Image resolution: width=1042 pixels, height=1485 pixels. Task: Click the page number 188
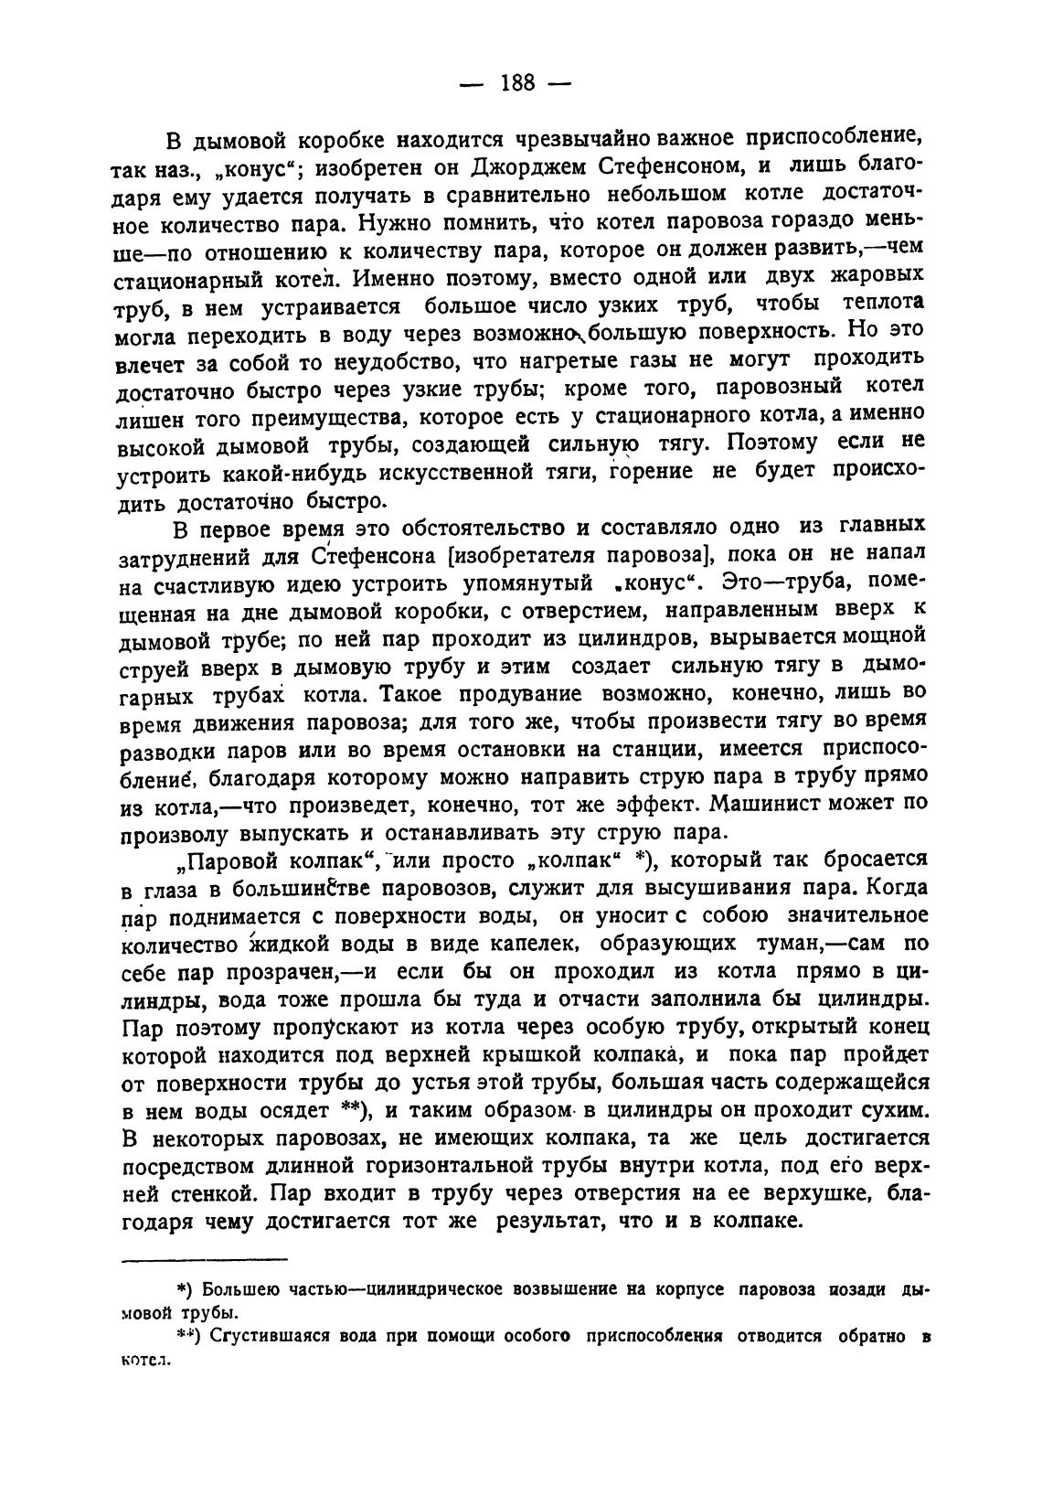pyautogui.click(x=517, y=83)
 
